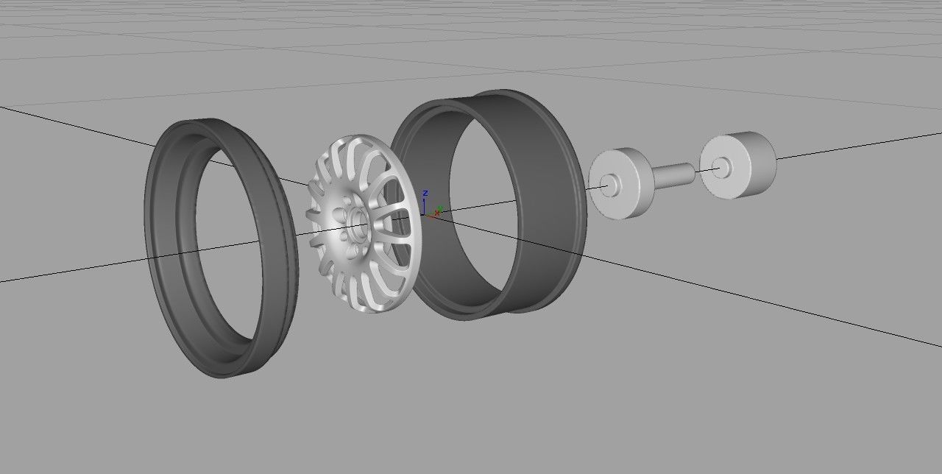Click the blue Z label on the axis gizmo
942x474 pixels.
(x=425, y=193)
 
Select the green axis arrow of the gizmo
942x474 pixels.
(x=439, y=209)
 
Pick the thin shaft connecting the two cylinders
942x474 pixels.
(x=673, y=174)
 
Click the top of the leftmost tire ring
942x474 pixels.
(x=199, y=127)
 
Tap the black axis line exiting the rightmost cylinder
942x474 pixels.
(x=854, y=146)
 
